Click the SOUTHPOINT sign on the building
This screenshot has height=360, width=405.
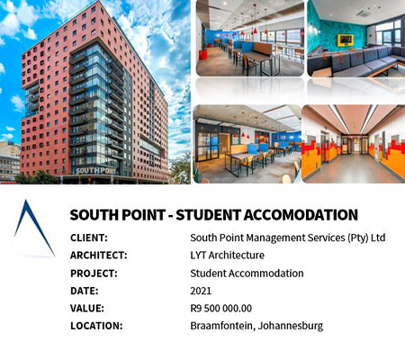(95, 171)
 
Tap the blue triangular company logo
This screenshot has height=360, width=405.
(33, 229)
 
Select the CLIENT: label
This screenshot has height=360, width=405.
(89, 238)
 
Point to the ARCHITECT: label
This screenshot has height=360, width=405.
(99, 256)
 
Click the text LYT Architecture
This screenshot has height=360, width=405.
(228, 256)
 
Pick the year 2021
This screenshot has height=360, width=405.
(201, 291)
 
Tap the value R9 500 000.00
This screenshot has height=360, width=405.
(221, 308)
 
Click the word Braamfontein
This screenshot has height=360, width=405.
(222, 326)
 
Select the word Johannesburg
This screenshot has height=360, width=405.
(291, 326)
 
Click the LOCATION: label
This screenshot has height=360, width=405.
(96, 326)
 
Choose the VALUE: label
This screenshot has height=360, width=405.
(87, 309)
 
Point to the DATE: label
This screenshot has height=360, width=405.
(85, 291)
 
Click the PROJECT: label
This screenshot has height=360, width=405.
(94, 274)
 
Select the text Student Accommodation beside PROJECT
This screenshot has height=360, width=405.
(247, 274)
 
